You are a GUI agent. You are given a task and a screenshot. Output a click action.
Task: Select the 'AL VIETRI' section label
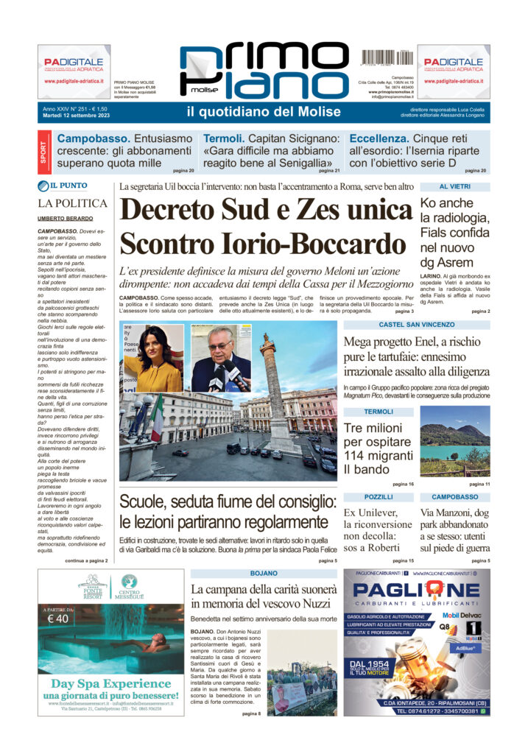click(x=454, y=187)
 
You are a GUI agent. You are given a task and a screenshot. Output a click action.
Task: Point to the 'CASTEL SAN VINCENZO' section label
click(x=416, y=324)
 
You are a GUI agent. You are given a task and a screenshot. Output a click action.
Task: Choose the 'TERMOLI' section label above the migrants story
click(x=379, y=412)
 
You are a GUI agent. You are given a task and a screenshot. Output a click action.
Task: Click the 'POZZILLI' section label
click(x=379, y=497)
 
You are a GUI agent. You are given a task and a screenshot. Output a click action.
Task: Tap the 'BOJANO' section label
click(x=264, y=573)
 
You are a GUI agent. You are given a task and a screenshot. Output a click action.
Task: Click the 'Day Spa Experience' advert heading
click(x=110, y=683)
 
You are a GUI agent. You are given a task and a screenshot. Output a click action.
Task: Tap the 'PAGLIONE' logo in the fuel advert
click(x=416, y=591)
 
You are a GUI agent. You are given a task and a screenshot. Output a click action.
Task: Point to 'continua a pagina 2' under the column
click(x=86, y=560)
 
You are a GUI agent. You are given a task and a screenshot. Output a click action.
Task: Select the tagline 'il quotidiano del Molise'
click(x=264, y=112)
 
